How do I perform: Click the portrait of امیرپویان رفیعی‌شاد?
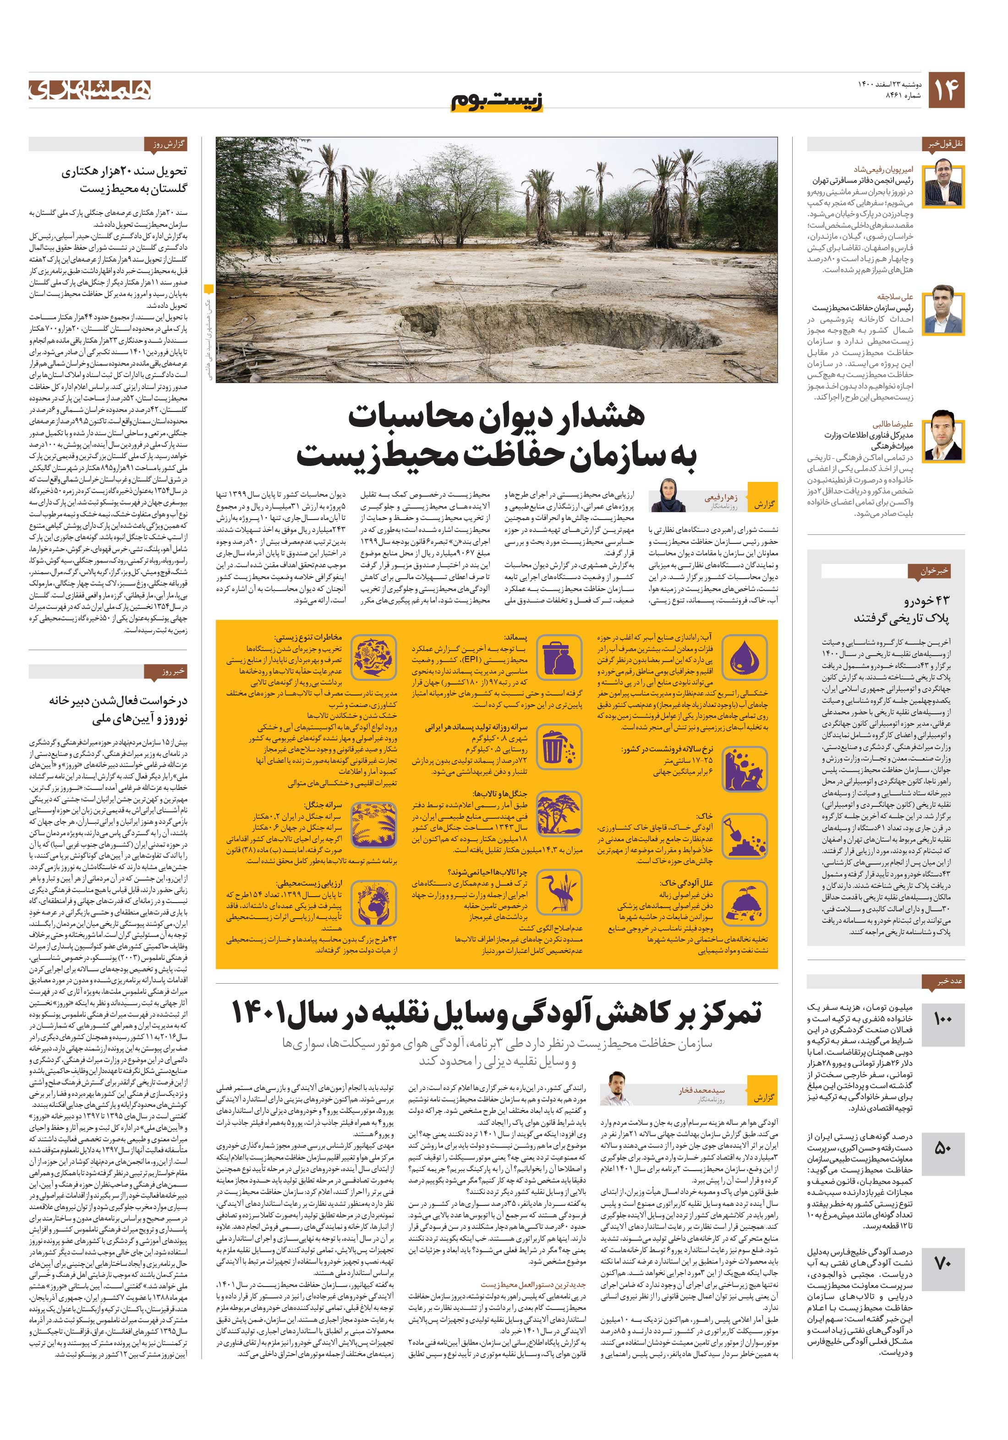pos(947,184)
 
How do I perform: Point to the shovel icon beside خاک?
pos(744,837)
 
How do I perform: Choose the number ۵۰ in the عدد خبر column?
pos(943,1148)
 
